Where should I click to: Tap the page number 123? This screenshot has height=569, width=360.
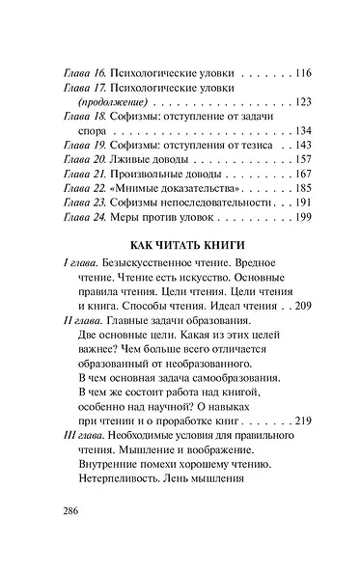pos(291,100)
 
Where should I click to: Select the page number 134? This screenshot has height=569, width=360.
pos(291,130)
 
